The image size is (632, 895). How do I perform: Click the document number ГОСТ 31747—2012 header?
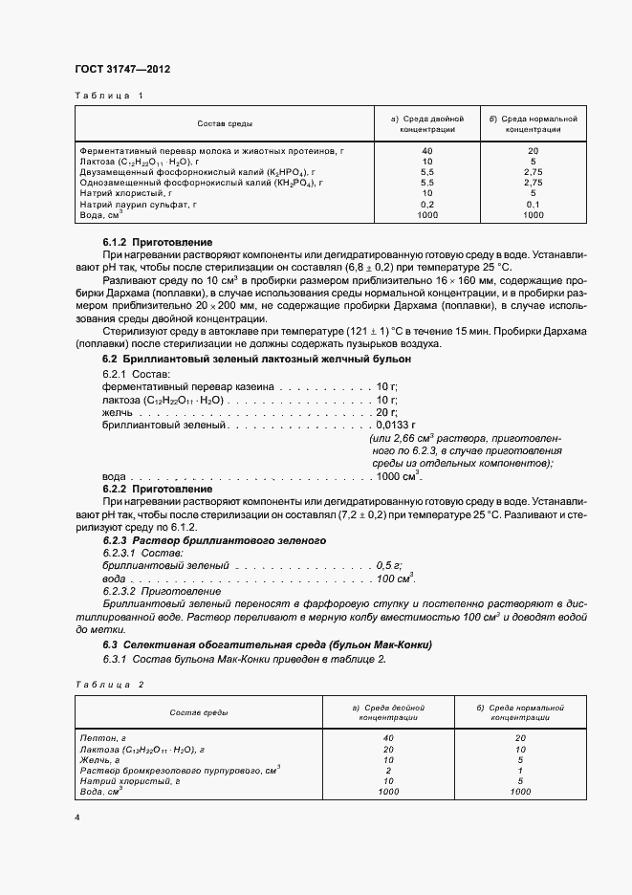pyautogui.click(x=123, y=69)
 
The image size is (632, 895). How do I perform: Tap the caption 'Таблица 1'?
pyautogui.click(x=108, y=95)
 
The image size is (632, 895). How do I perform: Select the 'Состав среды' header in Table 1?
pyautogui.click(x=225, y=123)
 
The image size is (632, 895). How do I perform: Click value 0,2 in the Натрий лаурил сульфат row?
pyautogui.click(x=426, y=204)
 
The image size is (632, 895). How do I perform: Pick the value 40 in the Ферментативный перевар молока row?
pyautogui.click(x=426, y=151)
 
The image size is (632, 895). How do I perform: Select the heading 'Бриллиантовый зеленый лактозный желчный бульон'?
pyautogui.click(x=257, y=358)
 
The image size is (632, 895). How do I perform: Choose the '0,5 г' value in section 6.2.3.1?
pyautogui.click(x=389, y=566)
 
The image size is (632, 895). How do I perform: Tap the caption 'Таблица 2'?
pyautogui.click(x=108, y=686)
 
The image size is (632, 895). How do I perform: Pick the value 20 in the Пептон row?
pyautogui.click(x=520, y=738)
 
